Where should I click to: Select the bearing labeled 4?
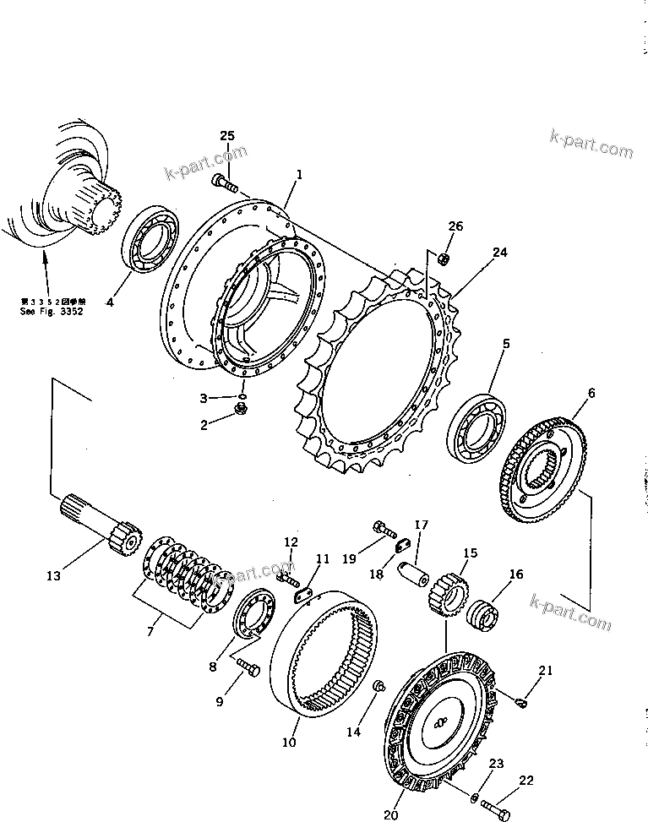pos(149,238)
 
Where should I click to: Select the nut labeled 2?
pos(241,411)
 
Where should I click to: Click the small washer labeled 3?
pos(242,395)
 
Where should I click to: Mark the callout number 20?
pos(389,815)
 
